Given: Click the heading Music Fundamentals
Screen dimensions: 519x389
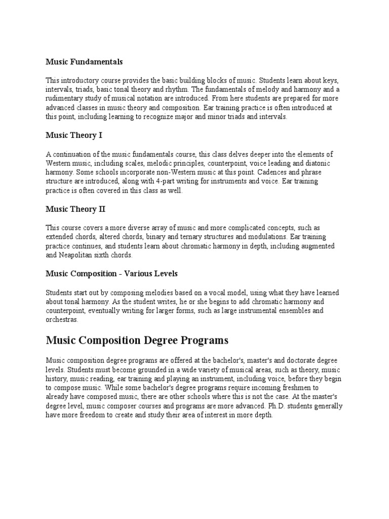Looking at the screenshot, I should (x=84, y=62).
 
